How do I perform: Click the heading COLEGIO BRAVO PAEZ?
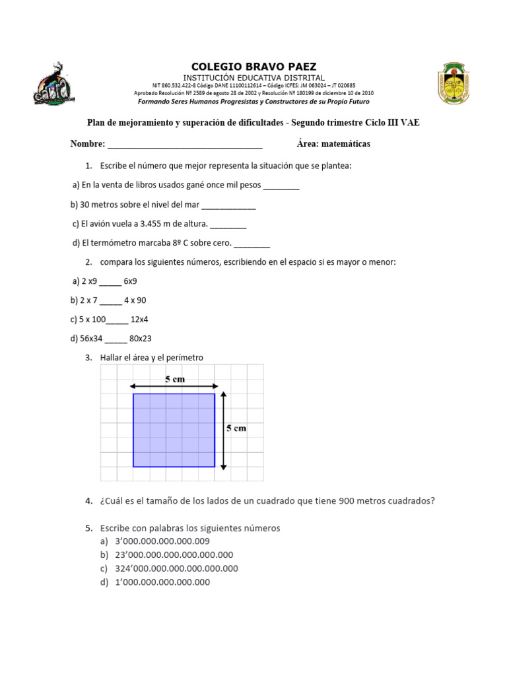pyautogui.click(x=253, y=67)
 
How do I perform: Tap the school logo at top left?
pyautogui.click(x=57, y=84)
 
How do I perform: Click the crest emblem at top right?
pyautogui.click(x=452, y=83)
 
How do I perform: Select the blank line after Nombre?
pyautogui.click(x=184, y=145)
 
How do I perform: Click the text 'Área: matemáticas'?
pyautogui.click(x=333, y=143)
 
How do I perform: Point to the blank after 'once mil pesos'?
pyautogui.click(x=281, y=186)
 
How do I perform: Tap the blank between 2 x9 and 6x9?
pyautogui.click(x=111, y=282)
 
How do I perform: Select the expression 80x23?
pyautogui.click(x=141, y=339)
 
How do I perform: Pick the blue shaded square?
pyautogui.click(x=174, y=430)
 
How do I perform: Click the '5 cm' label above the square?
pyautogui.click(x=174, y=379)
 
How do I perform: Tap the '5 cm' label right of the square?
pyautogui.click(x=236, y=428)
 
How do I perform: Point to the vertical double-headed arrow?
pyautogui.click(x=224, y=430)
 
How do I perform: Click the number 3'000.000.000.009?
pyautogui.click(x=162, y=541)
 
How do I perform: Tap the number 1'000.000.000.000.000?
pyautogui.click(x=162, y=582)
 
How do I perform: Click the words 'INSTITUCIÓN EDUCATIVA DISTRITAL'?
pyautogui.click(x=253, y=78)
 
